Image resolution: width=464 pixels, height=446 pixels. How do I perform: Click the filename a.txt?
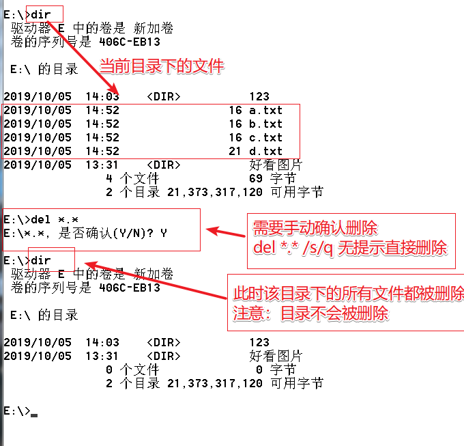pyautogui.click(x=265, y=110)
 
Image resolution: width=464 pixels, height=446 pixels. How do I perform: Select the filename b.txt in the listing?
pyautogui.click(x=265, y=124)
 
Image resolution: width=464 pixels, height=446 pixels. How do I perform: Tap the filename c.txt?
pyautogui.click(x=265, y=137)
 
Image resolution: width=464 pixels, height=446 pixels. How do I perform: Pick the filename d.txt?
pyautogui.click(x=265, y=151)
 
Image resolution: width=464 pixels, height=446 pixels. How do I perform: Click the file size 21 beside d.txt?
pyautogui.click(x=235, y=151)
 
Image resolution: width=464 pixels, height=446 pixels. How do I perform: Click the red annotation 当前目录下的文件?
pyautogui.click(x=162, y=67)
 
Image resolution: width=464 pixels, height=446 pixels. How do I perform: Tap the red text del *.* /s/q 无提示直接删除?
pyautogui.click(x=349, y=248)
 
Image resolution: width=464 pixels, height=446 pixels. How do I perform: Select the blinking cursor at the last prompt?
pyautogui.click(x=34, y=414)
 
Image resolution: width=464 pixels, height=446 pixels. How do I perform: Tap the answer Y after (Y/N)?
pyautogui.click(x=164, y=233)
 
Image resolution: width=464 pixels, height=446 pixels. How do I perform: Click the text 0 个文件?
pyautogui.click(x=132, y=370)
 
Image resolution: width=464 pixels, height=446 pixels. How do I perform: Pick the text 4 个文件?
pyautogui.click(x=132, y=178)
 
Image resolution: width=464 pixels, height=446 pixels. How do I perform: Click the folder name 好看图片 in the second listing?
pyautogui.click(x=276, y=356)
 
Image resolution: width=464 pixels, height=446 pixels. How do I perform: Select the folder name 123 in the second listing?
pyautogui.click(x=259, y=342)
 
